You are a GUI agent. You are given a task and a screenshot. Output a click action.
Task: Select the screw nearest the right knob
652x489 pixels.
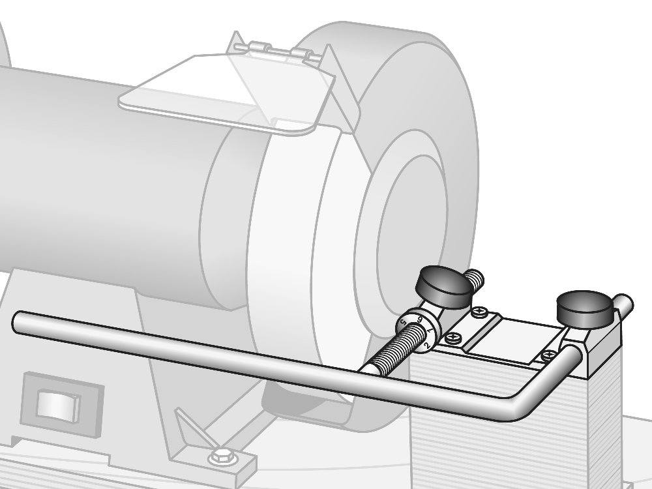coord(548,355)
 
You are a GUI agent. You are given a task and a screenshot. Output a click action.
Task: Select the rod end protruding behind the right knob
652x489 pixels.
coord(624,304)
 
